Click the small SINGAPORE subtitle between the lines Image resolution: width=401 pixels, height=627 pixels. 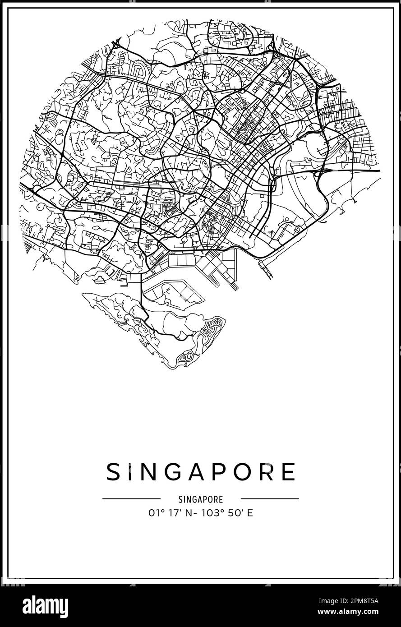coord(201,499)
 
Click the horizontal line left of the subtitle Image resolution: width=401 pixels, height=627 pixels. coord(131,499)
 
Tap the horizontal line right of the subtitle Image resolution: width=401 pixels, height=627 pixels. coord(270,499)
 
